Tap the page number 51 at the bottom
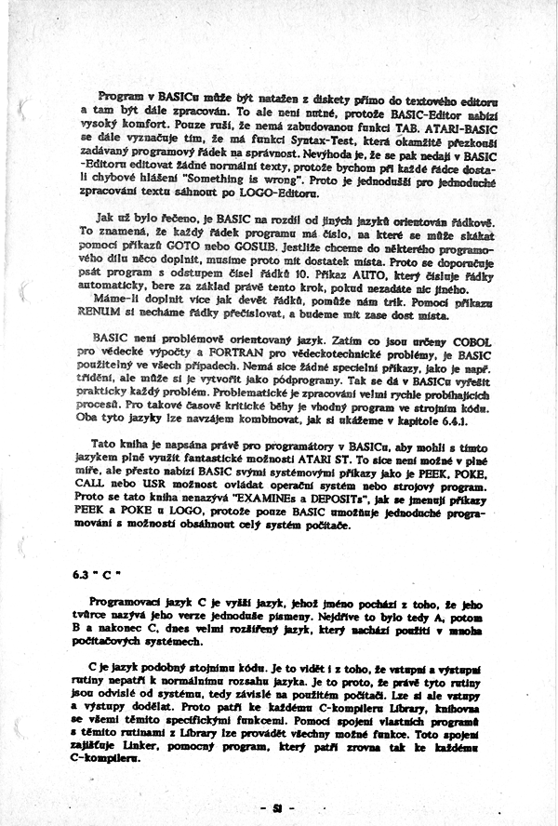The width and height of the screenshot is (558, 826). (x=278, y=806)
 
